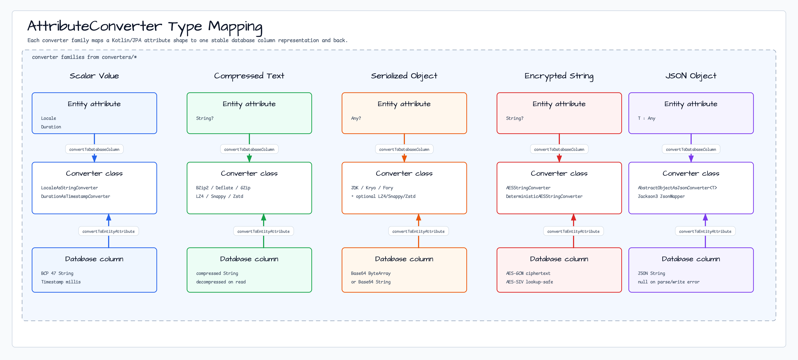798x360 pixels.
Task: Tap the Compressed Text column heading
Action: (x=249, y=76)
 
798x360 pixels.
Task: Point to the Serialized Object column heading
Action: (x=404, y=76)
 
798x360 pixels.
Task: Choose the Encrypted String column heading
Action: (x=559, y=76)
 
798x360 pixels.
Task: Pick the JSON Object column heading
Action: (x=691, y=76)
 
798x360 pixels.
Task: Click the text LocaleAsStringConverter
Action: (x=69, y=188)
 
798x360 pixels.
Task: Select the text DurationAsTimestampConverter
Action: (x=76, y=196)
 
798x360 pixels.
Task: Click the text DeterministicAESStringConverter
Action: (x=544, y=196)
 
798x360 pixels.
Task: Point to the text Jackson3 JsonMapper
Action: (x=661, y=196)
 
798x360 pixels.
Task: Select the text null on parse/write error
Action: (x=669, y=282)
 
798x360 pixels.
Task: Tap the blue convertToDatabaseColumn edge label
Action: (x=94, y=149)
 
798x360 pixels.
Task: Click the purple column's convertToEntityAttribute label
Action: (x=705, y=232)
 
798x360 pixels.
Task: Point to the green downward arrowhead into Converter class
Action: (x=249, y=158)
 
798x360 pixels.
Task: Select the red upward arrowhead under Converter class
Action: (x=573, y=217)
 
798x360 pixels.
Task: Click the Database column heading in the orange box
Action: (x=404, y=259)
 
